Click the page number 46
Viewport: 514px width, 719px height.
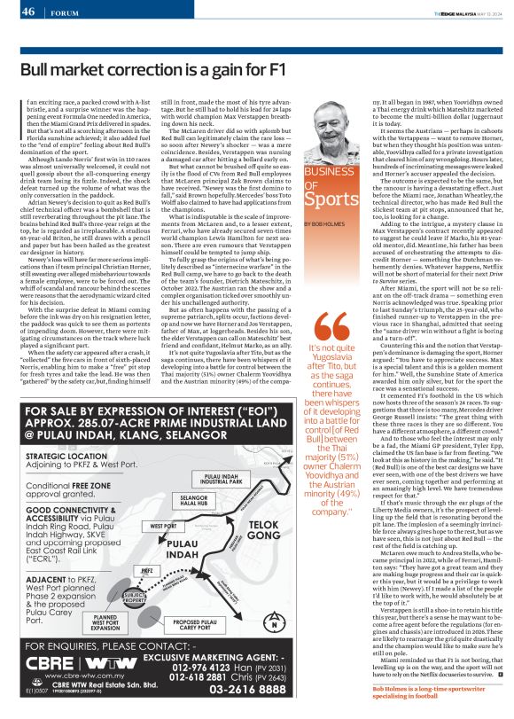(28, 12)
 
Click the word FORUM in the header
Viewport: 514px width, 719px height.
(65, 12)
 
